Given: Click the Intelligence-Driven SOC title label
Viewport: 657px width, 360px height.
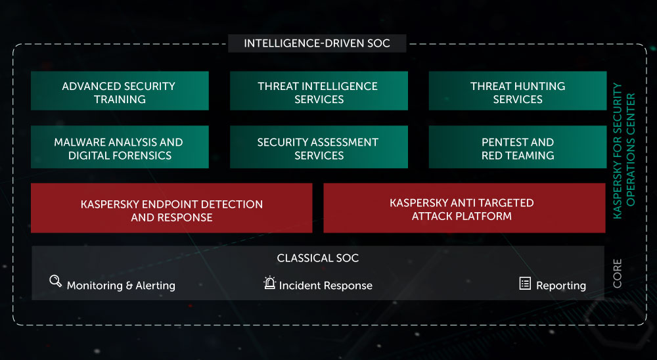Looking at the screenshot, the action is [317, 43].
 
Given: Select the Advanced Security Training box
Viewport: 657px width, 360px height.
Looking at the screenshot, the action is [120, 91].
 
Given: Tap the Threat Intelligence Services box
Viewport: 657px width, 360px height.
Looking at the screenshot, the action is [319, 91].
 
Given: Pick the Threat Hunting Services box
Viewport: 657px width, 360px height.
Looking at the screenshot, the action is [518, 91].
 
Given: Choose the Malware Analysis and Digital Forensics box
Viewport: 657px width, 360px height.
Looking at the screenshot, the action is [120, 147].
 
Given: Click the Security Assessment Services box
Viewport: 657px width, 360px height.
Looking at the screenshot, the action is [319, 147].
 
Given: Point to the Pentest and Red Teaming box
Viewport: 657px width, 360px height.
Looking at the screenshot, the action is [518, 147].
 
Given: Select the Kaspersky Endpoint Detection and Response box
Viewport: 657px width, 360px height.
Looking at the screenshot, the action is [171, 208].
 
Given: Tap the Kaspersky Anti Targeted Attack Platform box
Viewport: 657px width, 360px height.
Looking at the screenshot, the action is [464, 208].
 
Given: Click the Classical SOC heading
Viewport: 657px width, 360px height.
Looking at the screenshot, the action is [317, 258].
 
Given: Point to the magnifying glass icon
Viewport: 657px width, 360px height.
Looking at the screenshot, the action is [55, 281].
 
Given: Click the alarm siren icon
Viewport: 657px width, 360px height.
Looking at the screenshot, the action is [270, 283].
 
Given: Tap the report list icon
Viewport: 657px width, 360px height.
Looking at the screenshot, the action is [525, 283].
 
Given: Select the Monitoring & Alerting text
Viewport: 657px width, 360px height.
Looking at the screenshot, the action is [121, 285].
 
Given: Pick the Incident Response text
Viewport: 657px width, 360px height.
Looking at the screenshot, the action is [326, 285].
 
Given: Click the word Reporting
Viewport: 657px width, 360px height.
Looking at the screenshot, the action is [561, 286].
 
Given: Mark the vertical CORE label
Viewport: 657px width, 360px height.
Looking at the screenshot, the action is [617, 273].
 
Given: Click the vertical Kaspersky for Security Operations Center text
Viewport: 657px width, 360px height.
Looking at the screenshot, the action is [624, 151].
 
